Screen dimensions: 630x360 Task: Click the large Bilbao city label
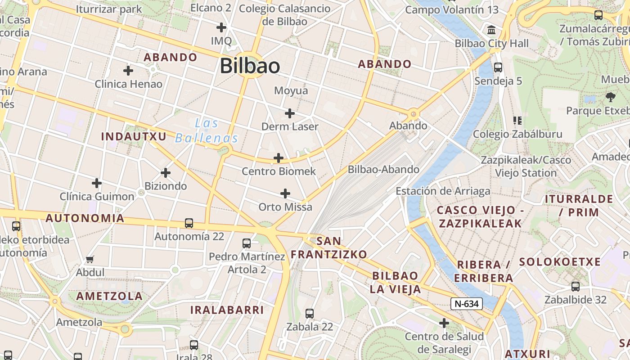tap(250, 66)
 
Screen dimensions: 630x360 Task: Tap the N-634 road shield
tap(467, 304)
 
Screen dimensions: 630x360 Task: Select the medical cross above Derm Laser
tap(290, 113)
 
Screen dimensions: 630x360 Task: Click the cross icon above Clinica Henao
tap(128, 71)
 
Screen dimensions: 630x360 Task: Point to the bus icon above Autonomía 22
tap(189, 223)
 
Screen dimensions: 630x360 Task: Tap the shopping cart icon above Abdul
tap(90, 260)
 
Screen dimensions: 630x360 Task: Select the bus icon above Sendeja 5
tap(498, 67)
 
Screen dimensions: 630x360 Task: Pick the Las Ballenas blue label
tap(207, 130)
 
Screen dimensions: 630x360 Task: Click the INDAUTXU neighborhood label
tap(134, 136)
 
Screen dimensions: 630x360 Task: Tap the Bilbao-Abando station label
tap(383, 170)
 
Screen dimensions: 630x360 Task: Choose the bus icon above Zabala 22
tap(310, 314)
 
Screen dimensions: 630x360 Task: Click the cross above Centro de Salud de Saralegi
tap(444, 323)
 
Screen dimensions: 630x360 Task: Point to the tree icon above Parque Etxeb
tap(611, 97)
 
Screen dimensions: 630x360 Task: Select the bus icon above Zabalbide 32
tap(575, 287)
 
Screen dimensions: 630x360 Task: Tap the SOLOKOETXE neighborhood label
tap(560, 262)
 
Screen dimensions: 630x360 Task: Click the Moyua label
tap(291, 90)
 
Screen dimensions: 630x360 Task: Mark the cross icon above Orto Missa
tap(285, 193)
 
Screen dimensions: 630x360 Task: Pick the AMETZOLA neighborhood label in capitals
tap(109, 296)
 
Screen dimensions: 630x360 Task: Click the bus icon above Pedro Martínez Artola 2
tap(247, 243)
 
